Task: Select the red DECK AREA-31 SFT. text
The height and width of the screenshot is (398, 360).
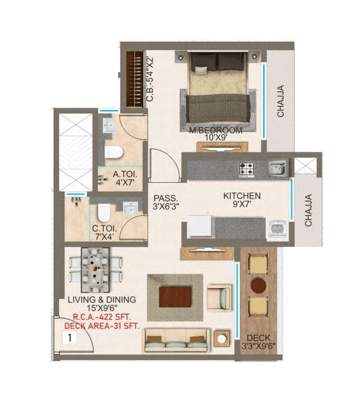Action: [x=102, y=326]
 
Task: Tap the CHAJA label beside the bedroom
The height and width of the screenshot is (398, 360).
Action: [x=280, y=101]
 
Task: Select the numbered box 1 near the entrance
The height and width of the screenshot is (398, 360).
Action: [x=69, y=338]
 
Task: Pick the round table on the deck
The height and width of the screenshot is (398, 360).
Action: [x=258, y=284]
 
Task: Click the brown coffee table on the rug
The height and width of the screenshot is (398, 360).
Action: [x=174, y=297]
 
